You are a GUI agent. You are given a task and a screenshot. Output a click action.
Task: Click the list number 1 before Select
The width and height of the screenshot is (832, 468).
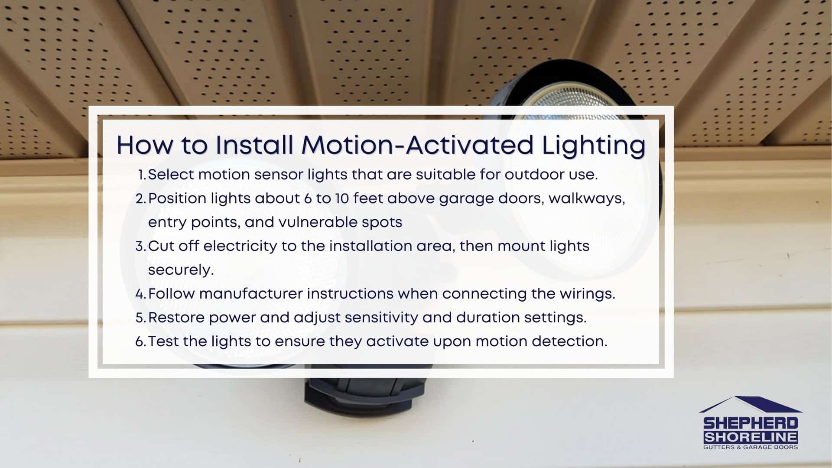click(142, 175)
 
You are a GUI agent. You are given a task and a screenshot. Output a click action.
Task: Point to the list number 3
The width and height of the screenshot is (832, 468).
click(140, 247)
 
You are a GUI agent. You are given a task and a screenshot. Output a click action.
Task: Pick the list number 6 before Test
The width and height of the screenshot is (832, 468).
click(140, 342)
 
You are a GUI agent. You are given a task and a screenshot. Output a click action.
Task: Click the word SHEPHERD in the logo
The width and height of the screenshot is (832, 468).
click(751, 423)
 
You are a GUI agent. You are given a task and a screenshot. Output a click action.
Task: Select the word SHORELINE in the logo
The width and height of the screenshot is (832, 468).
click(751, 437)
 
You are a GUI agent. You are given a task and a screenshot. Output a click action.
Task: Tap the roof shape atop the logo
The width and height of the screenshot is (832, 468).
click(751, 405)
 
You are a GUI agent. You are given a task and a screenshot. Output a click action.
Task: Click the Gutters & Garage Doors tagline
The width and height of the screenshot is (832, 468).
click(751, 447)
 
